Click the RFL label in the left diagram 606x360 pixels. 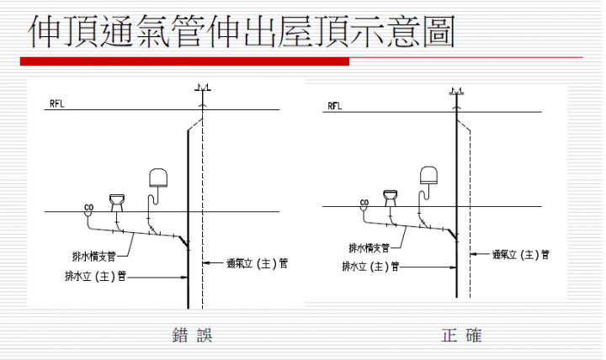tap(57, 104)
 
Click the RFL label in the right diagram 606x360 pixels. tap(335, 106)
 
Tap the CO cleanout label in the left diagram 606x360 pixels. tap(89, 208)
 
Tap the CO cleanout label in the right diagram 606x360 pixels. tap(364, 203)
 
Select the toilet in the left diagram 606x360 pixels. tap(117, 203)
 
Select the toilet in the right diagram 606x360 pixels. tap(391, 198)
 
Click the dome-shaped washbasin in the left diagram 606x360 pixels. tap(158, 177)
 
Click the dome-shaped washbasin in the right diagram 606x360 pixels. tap(429, 175)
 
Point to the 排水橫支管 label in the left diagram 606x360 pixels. tap(94, 256)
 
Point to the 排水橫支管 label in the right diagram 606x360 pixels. tap(369, 248)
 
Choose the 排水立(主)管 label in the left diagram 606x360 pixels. tap(96, 276)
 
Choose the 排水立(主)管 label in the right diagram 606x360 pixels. tap(370, 267)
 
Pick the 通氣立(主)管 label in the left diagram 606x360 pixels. tap(257, 263)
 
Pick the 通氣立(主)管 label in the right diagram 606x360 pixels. tap(521, 255)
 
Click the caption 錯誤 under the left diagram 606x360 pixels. tap(192, 335)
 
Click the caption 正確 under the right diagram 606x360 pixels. tap(461, 335)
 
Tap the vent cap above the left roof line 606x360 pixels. tap(203, 87)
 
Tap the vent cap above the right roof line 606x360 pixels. tap(456, 92)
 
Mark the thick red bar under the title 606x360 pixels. tap(184, 61)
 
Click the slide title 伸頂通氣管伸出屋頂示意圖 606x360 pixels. tap(242, 31)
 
